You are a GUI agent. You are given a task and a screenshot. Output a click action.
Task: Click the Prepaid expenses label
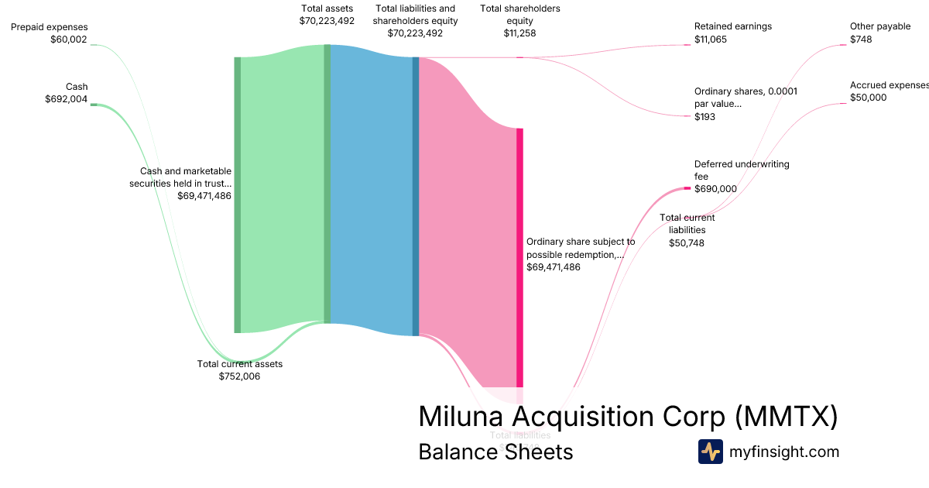(x=49, y=27)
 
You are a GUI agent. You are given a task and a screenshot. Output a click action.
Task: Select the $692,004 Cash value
(x=66, y=99)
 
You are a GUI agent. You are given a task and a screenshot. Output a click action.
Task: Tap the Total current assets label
(x=240, y=364)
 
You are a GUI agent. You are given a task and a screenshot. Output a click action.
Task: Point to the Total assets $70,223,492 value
(x=327, y=21)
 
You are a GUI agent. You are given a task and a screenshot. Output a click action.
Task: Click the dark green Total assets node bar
(x=327, y=184)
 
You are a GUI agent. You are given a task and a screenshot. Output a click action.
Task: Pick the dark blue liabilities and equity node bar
(x=416, y=196)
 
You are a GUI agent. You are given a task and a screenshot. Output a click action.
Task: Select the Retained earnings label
(x=732, y=26)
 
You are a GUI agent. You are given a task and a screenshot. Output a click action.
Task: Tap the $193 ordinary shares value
(x=704, y=117)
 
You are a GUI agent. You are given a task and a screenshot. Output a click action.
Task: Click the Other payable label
(x=880, y=26)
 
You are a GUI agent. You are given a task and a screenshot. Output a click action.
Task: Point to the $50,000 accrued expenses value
(x=868, y=98)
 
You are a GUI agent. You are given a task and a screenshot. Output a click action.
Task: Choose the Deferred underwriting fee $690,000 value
(x=715, y=189)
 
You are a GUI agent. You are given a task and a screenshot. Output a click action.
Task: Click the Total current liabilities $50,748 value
(x=687, y=243)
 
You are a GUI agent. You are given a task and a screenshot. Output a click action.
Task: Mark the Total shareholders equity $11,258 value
(x=519, y=33)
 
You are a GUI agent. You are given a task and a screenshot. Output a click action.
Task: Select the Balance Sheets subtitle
(x=495, y=452)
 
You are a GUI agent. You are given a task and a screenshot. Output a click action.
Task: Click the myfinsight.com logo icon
(x=710, y=452)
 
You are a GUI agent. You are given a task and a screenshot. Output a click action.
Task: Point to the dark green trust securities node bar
(x=238, y=194)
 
